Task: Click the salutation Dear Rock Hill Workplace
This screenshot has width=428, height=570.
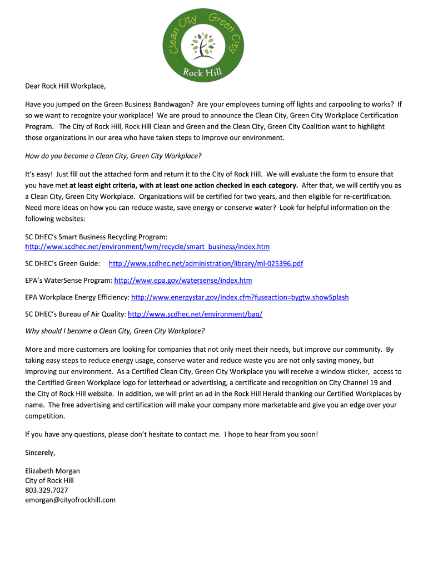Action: (65, 86)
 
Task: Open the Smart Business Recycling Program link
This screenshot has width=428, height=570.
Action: (147, 247)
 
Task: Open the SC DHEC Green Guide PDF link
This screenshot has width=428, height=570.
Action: (206, 263)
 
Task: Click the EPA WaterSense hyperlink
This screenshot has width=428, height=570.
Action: (183, 280)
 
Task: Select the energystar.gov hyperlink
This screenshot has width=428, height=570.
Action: (240, 297)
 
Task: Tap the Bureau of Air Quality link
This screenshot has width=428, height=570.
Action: (195, 314)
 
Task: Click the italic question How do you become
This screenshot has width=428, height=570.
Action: (113, 155)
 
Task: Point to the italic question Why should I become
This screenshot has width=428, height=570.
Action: (115, 331)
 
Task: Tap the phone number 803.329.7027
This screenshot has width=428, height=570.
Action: (47, 490)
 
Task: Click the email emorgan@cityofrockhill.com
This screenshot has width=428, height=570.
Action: (70, 500)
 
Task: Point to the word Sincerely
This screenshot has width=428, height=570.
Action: (40, 453)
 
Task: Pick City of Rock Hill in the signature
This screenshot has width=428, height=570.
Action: (49, 480)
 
